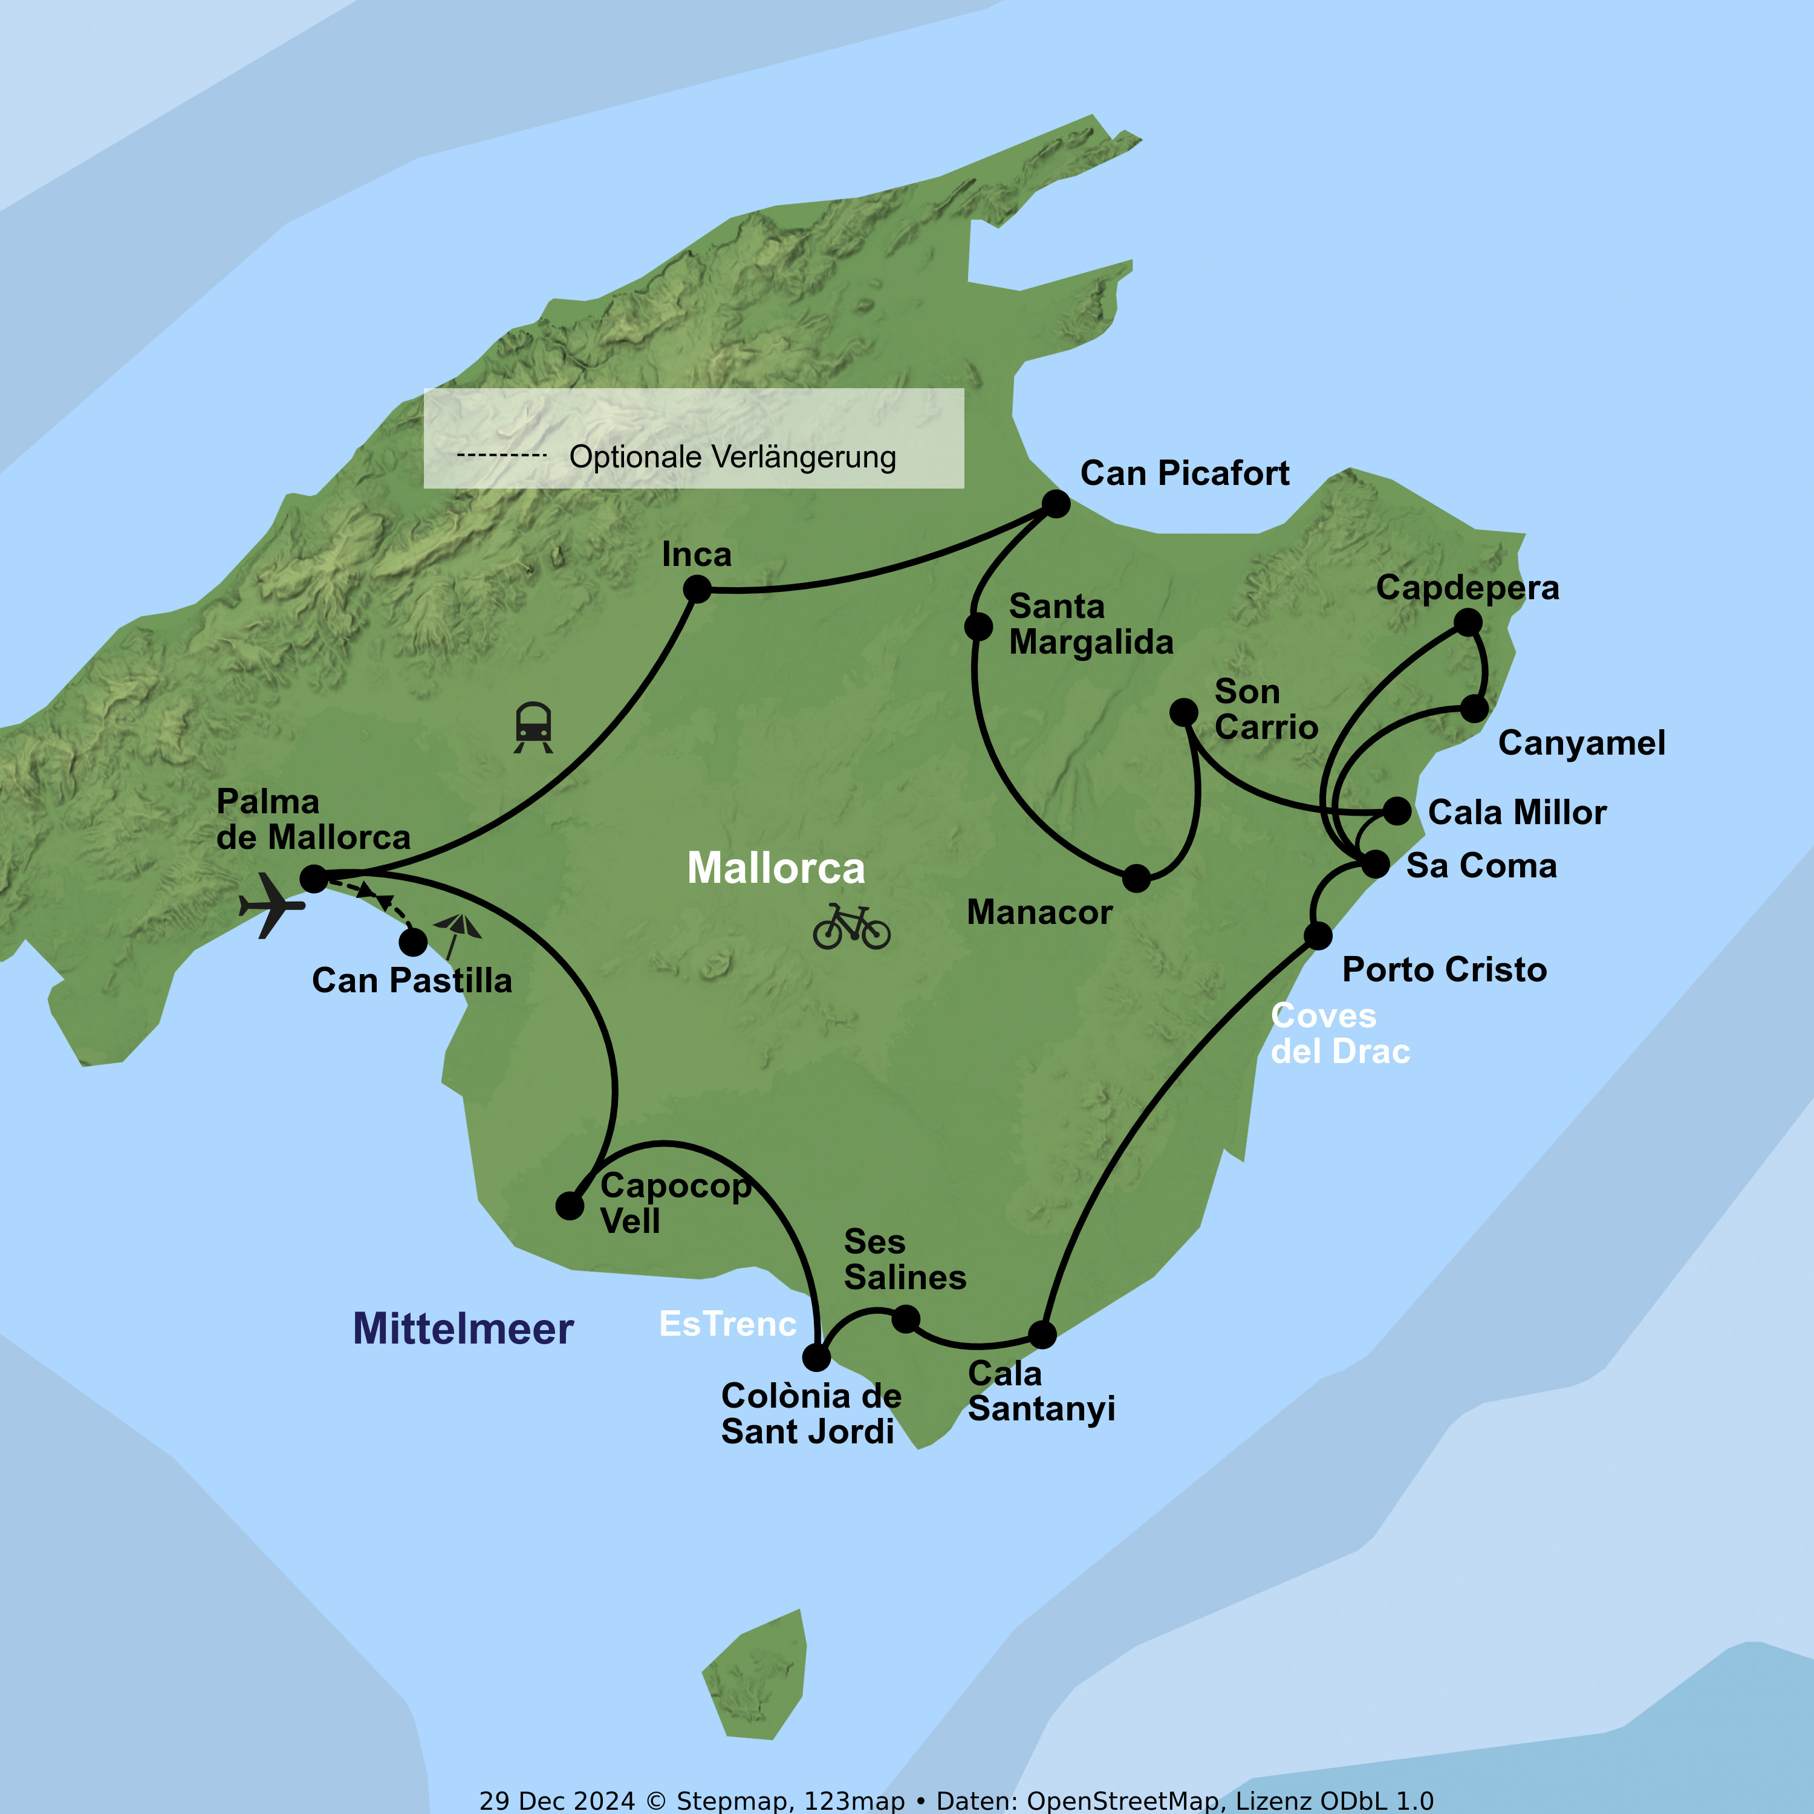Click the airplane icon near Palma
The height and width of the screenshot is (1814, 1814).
pyautogui.click(x=272, y=905)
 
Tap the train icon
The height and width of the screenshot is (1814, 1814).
pyautogui.click(x=533, y=727)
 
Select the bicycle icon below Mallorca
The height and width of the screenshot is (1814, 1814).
pyautogui.click(x=851, y=927)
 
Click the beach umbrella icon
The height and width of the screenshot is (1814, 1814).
pyautogui.click(x=457, y=933)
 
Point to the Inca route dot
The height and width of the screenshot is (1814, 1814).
pyautogui.click(x=697, y=590)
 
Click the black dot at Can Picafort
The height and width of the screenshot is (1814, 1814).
pyautogui.click(x=1056, y=504)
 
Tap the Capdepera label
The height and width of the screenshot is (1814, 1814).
pyautogui.click(x=1468, y=588)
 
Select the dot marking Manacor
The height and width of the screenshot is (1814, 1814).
pyautogui.click(x=1136, y=879)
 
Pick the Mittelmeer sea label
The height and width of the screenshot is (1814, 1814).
pyautogui.click(x=463, y=1328)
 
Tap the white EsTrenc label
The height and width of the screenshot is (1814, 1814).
pyautogui.click(x=727, y=1324)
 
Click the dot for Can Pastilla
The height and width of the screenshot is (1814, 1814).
pyautogui.click(x=413, y=941)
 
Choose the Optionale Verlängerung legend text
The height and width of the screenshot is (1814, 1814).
pyautogui.click(x=732, y=457)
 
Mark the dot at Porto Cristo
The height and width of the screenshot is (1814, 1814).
pyautogui.click(x=1318, y=935)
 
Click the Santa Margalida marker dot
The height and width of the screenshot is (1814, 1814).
pyautogui.click(x=978, y=626)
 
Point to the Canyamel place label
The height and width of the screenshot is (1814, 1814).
pyautogui.click(x=1581, y=743)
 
